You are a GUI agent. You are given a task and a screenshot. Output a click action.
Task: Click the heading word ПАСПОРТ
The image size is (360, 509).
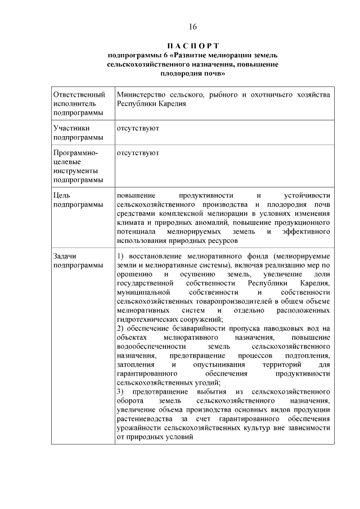pos(193,46)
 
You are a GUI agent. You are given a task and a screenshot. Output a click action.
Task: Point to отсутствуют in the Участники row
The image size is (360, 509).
pos(138,128)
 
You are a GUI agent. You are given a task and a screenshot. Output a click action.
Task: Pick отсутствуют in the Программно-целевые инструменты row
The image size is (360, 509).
pos(138,152)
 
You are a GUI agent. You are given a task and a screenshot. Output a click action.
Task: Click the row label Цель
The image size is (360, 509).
pos(61,195)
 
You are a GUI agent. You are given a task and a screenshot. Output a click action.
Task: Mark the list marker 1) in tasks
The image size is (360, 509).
pos(120,255)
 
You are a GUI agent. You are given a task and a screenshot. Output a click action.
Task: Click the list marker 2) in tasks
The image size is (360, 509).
pos(120,328)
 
